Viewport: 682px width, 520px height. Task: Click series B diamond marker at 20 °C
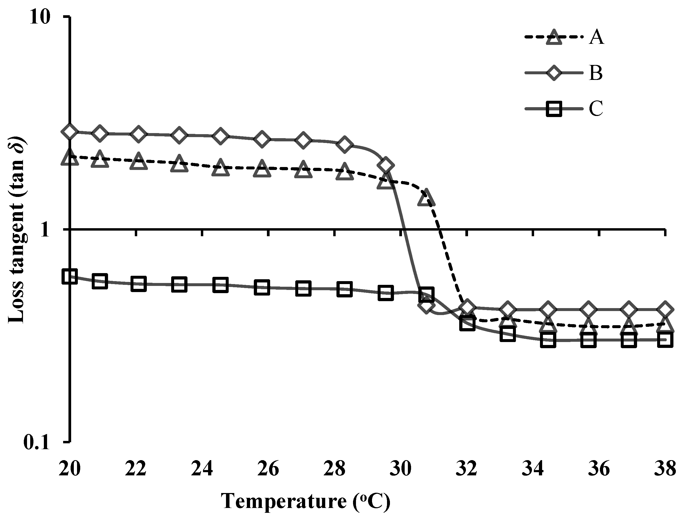click(70, 131)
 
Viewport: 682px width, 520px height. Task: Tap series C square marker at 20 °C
click(70, 276)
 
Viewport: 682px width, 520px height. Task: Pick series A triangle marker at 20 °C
click(70, 157)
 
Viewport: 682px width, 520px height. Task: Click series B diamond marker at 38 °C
click(665, 309)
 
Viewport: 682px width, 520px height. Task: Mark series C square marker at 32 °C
click(467, 323)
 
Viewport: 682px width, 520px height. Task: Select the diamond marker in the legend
click(551, 73)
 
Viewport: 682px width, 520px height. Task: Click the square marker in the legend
click(551, 109)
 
